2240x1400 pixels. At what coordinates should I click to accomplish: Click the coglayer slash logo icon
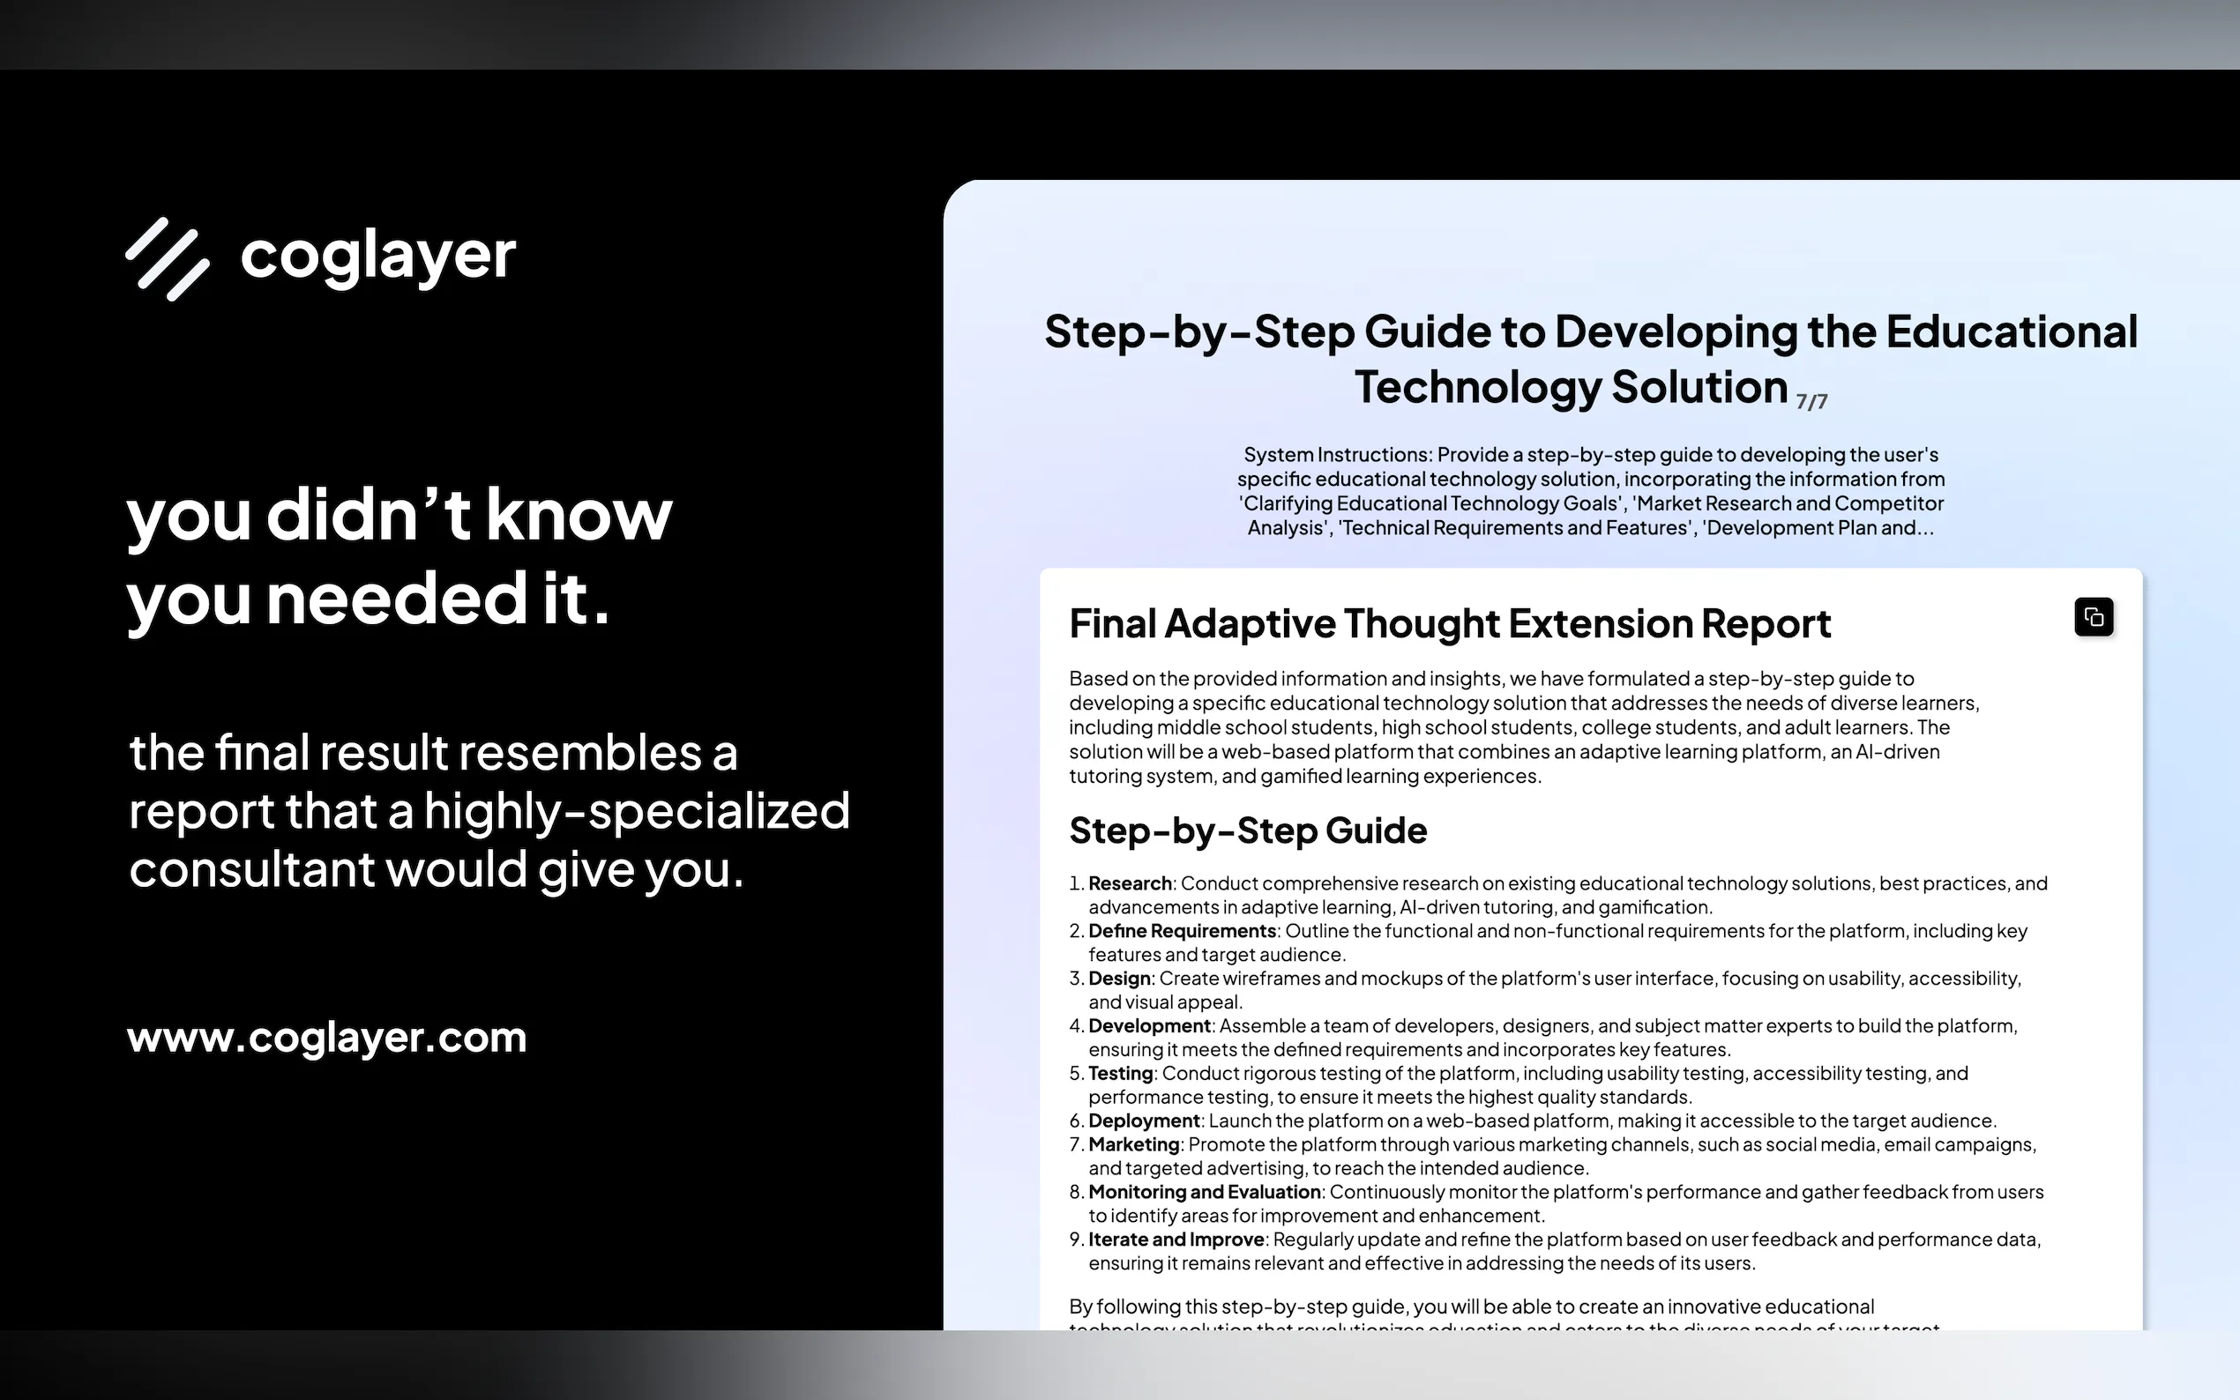click(168, 259)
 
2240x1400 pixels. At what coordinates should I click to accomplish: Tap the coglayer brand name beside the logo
click(377, 257)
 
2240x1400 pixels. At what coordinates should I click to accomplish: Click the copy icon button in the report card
click(2094, 616)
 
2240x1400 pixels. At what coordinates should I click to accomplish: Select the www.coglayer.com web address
click(327, 1038)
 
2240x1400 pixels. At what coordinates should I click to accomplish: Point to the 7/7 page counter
click(1812, 402)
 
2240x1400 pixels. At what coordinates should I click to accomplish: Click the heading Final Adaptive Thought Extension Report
click(1450, 624)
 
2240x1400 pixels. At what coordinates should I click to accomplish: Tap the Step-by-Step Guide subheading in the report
click(1248, 830)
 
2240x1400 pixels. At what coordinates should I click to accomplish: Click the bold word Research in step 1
click(1130, 883)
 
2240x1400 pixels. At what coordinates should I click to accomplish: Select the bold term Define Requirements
click(1183, 931)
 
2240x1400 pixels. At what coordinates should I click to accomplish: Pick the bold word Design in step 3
click(1119, 979)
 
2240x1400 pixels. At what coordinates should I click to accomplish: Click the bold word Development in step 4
click(1149, 1026)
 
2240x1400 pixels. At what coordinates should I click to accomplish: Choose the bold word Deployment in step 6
click(1144, 1121)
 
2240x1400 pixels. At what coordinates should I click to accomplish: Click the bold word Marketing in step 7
click(1134, 1144)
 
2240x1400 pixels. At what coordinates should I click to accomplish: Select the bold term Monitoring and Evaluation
click(1205, 1192)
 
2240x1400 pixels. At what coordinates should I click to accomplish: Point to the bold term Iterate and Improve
click(1177, 1240)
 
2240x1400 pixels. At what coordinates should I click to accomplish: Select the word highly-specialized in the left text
click(637, 812)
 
